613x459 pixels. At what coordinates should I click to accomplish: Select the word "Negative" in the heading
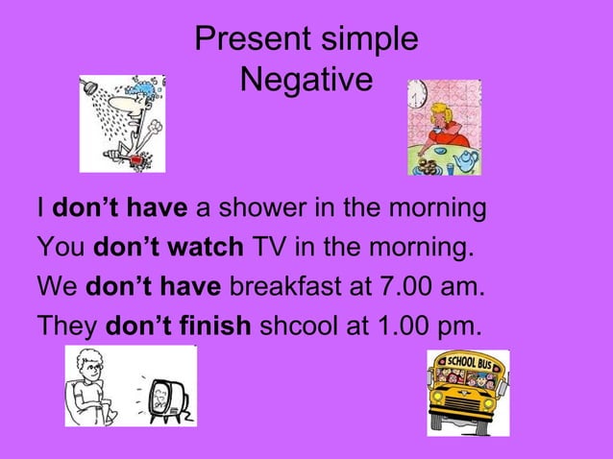click(306, 81)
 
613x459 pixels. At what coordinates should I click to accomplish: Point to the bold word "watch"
click(204, 248)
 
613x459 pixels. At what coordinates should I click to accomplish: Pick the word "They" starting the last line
click(66, 326)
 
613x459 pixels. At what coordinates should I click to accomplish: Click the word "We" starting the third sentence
click(57, 287)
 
